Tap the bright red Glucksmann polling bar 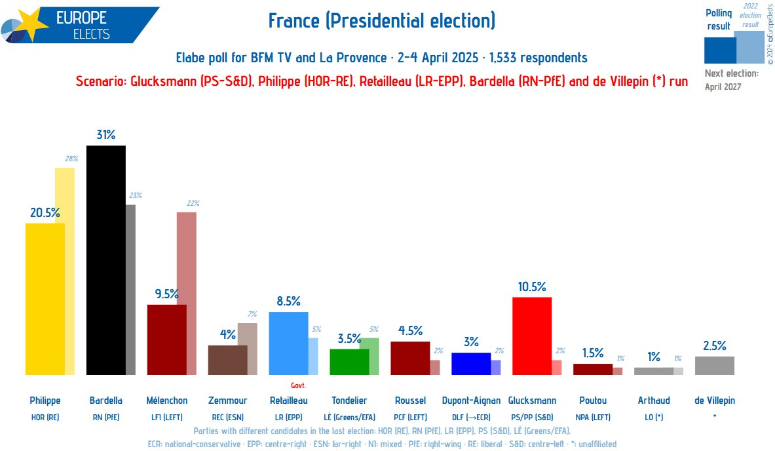pos(531,336)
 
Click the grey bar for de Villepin pos(714,366)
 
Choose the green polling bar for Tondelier pos(349,362)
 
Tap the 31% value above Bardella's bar pos(105,135)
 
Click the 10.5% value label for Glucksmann pos(531,286)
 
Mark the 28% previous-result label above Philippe pos(71,159)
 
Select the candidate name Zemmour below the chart pos(227,401)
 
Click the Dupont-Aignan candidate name pos(471,401)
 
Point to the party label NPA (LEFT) pos(592,417)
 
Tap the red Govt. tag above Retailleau pos(298,385)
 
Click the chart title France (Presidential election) pos(382,21)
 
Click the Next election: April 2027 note pos(731,79)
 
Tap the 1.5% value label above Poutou pos(592,353)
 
